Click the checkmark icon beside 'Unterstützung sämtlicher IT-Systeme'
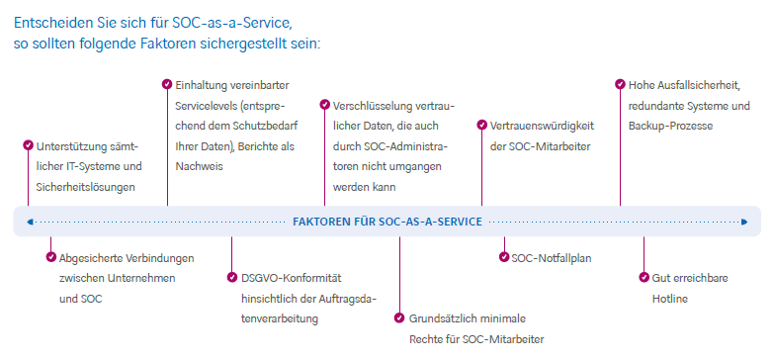coord(28,145)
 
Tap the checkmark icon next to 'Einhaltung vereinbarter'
coord(167,84)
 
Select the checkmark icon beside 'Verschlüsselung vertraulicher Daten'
coord(324,104)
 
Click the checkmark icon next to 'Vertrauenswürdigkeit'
coord(481,125)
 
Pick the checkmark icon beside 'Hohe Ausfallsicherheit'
coord(620,84)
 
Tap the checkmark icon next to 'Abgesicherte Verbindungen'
coord(51,257)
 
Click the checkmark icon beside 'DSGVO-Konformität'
coord(232,278)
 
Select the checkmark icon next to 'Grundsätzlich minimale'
coord(399,318)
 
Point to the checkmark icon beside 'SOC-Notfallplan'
coord(504,257)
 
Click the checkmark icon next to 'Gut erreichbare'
coord(643,278)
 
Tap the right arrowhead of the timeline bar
coord(745,222)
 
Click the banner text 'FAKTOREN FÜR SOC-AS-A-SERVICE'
coord(387,222)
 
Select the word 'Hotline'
coord(669,299)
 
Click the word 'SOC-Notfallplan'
coord(552,258)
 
